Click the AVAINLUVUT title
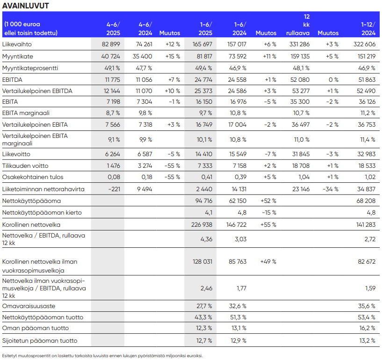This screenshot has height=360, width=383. point(25,6)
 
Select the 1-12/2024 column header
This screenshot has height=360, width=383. point(369,29)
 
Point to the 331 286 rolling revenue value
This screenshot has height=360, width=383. point(300,44)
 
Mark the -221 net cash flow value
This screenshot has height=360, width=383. point(114,188)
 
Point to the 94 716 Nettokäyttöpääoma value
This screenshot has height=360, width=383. point(202,201)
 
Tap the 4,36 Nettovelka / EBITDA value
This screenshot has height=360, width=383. point(206,239)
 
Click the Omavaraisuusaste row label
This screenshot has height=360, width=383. point(29,306)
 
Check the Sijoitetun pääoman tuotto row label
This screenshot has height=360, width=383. point(40,340)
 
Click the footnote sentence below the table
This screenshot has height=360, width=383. point(102,355)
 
